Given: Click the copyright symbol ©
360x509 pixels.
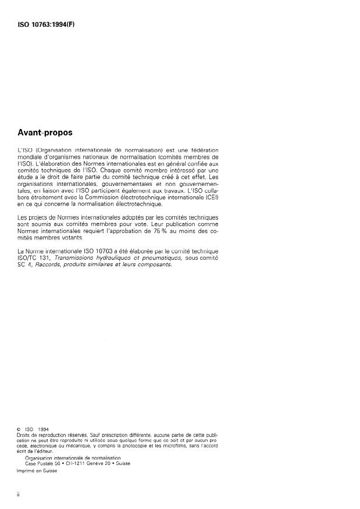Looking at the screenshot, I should click(19, 430).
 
